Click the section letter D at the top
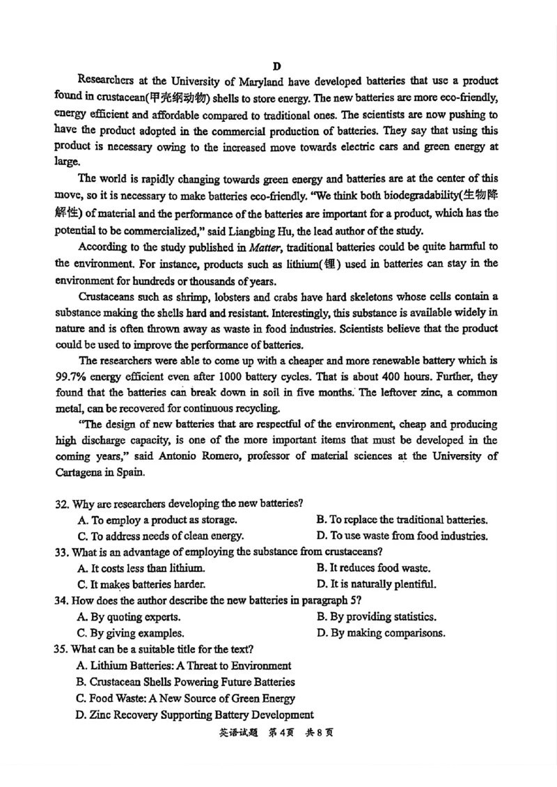tap(276, 66)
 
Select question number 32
tap(62, 504)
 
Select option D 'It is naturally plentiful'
tap(376, 584)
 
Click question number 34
tap(62, 600)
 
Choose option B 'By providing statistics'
tap(376, 616)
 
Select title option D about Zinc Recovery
tap(194, 715)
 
